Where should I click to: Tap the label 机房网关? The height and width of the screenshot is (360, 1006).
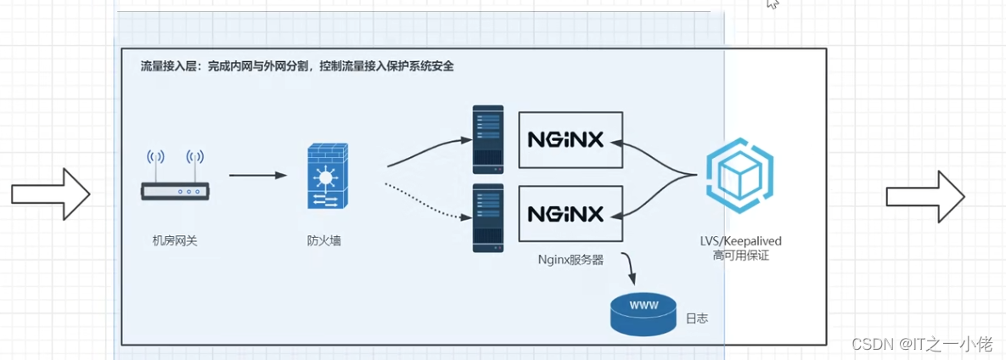[x=175, y=241]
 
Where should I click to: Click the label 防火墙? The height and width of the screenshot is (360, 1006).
[x=324, y=241]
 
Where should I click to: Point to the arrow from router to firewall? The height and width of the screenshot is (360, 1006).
[x=258, y=176]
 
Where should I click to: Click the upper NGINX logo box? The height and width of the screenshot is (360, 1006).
[x=570, y=139]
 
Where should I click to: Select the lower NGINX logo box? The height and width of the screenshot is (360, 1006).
[x=570, y=212]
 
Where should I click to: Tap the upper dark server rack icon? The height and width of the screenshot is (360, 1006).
[x=488, y=139]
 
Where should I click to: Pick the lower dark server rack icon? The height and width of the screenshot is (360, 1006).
[x=488, y=217]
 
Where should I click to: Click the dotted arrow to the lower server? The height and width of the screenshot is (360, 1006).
[x=424, y=199]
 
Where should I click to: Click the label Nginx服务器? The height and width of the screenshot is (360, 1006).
[x=570, y=260]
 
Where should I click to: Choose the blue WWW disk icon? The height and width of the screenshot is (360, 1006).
[x=644, y=312]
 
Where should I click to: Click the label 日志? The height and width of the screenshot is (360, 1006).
[x=696, y=319]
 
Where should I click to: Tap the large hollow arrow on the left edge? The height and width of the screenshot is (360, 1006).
[x=51, y=194]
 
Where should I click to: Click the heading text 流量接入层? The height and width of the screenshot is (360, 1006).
[x=166, y=66]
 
